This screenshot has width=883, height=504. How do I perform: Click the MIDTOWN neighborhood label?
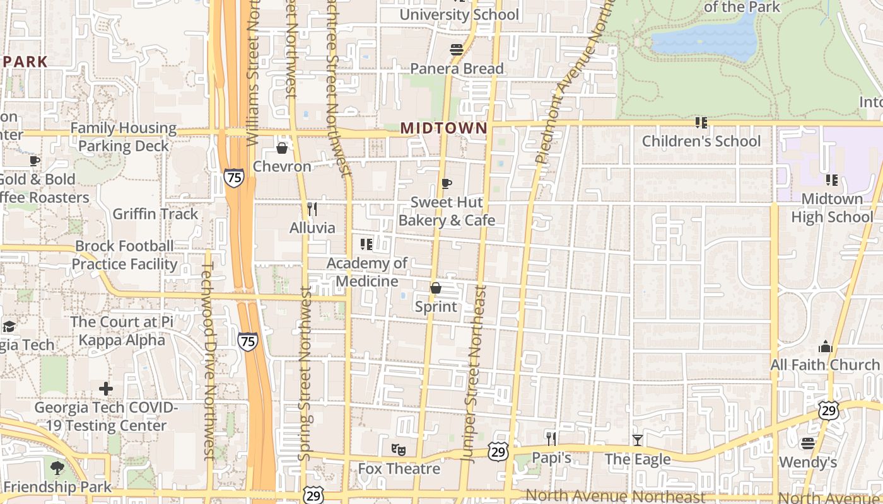pos(443,129)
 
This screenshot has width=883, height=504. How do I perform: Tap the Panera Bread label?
pos(457,69)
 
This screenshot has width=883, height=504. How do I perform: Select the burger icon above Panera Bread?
pos(457,49)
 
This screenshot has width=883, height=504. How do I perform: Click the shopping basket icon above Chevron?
pos(282,148)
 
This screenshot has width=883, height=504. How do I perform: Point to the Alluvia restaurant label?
pos(312,227)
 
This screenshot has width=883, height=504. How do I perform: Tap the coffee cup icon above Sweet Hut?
pos(447,183)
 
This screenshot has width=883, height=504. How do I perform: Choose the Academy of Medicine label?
pos(367,272)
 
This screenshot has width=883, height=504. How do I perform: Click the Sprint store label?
pos(436,307)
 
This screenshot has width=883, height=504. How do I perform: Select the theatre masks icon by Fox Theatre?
pos(398,450)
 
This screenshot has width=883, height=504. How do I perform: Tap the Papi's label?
pos(551,457)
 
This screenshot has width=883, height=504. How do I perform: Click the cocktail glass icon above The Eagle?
pos(638,440)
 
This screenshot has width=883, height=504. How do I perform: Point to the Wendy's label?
pos(807,462)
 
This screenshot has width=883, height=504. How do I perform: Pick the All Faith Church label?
pos(824,365)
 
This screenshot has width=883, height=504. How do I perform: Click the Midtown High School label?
pos(832,208)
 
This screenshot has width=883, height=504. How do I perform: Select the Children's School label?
pos(701,141)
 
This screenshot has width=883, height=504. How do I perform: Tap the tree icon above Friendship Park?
pos(57,468)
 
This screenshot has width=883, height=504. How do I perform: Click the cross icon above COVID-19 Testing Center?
pos(106,388)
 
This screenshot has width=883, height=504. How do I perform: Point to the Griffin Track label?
pos(155,214)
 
